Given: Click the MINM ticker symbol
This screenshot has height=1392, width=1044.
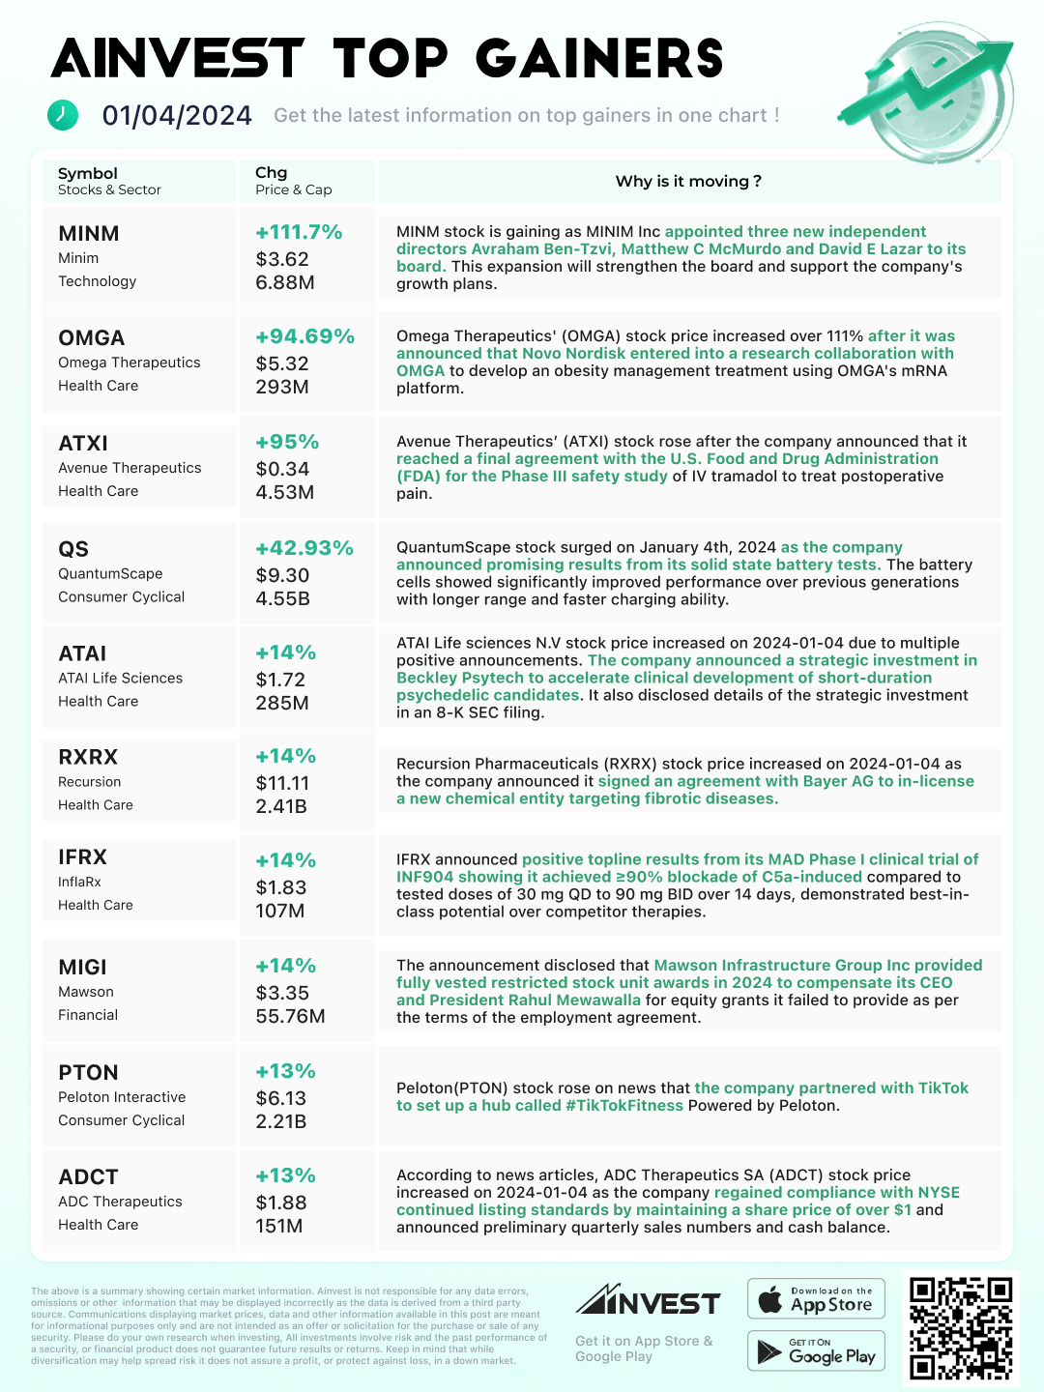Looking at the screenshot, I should click(x=89, y=234).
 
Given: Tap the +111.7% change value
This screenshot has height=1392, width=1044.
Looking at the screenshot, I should click(x=299, y=232).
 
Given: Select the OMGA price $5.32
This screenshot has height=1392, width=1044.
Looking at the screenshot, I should click(x=282, y=363).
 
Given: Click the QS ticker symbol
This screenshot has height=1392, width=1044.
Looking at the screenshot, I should click(x=73, y=549).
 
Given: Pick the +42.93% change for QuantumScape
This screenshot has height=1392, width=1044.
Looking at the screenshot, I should click(x=304, y=548).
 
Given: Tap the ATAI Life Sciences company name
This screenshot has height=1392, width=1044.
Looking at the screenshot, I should click(x=120, y=678).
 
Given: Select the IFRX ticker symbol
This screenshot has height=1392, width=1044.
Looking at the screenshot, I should click(x=82, y=857).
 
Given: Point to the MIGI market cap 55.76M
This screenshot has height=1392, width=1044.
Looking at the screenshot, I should click(x=290, y=1016).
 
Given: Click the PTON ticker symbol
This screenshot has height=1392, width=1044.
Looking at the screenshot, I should click(x=88, y=1073).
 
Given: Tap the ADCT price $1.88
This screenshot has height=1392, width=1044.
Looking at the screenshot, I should click(x=281, y=1203).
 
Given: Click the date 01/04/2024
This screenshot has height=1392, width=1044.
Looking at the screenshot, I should click(x=177, y=116).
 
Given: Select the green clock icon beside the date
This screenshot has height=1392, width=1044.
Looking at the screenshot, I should click(x=63, y=114).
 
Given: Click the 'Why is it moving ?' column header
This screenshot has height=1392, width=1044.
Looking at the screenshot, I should click(x=688, y=182).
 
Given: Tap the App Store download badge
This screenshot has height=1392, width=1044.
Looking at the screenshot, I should click(x=817, y=1299).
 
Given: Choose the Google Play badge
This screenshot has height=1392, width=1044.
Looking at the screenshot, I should click(x=817, y=1351).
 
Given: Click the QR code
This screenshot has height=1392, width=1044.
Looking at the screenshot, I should click(x=960, y=1328).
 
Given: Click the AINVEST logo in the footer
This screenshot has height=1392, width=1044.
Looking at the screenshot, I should click(x=648, y=1301).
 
